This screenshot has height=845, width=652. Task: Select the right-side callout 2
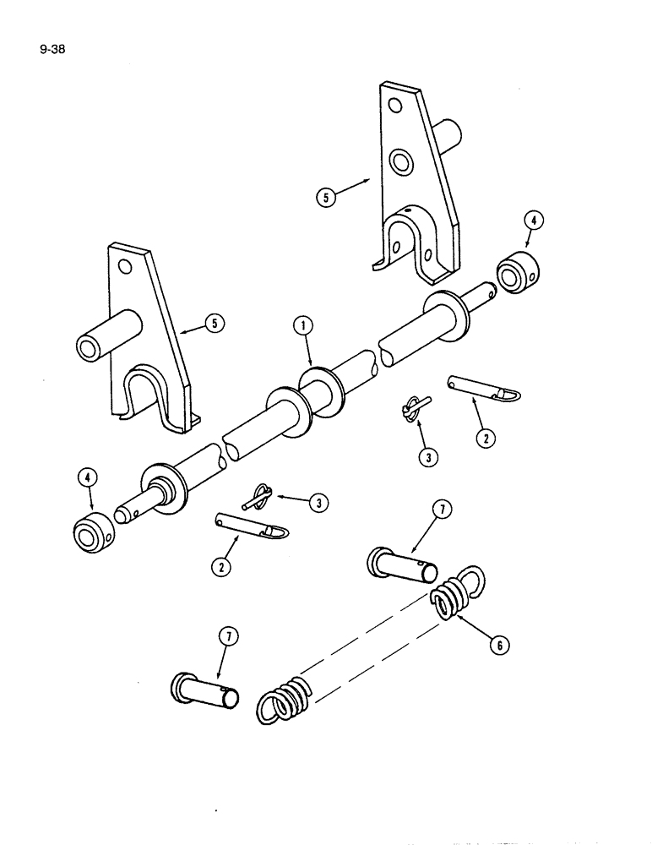(x=486, y=438)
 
